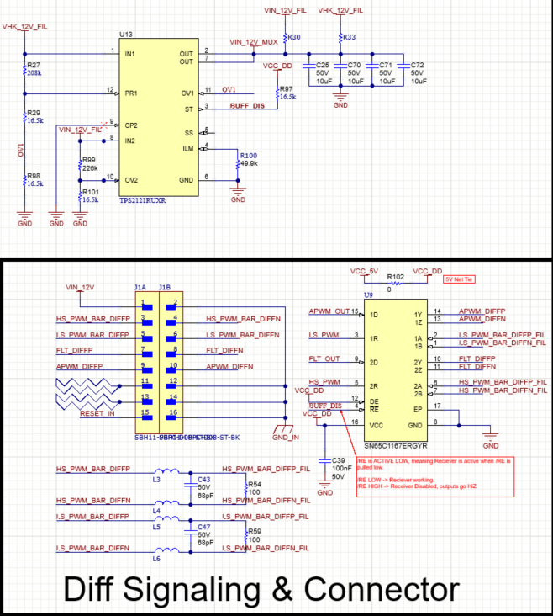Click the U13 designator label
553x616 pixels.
(126, 34)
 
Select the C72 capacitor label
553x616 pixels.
(418, 64)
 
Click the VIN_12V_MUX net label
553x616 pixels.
(254, 42)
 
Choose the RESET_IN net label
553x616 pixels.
(97, 414)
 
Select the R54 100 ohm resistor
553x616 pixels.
(245, 489)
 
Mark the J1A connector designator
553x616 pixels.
(140, 287)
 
